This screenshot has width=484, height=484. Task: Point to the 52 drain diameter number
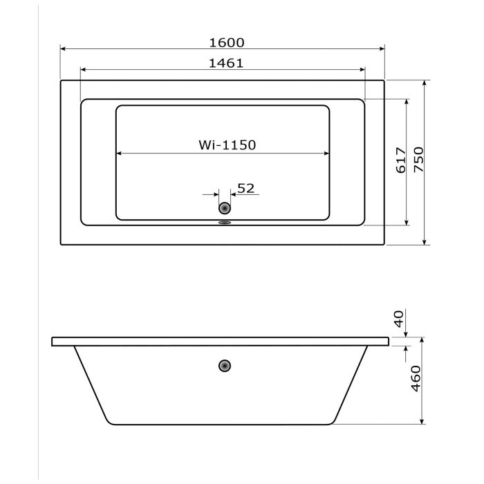[246, 187]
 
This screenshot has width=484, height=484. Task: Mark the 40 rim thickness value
[398, 319]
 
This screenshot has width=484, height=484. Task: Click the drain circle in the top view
[225, 207]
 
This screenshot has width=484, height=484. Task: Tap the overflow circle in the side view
[225, 366]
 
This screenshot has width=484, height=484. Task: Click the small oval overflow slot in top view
[224, 223]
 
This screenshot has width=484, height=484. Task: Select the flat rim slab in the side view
[221, 342]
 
